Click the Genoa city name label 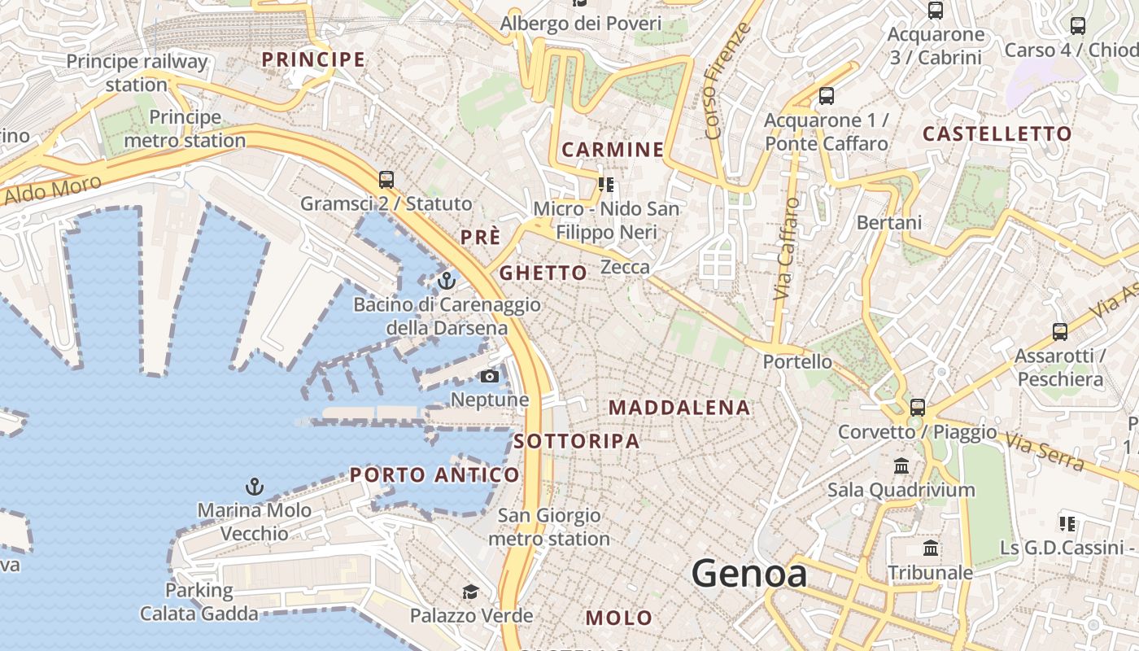click(749, 574)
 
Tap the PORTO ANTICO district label click(434, 474)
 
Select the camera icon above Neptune click(490, 376)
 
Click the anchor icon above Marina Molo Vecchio click(255, 487)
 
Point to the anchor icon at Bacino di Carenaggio click(446, 281)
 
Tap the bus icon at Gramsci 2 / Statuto click(386, 179)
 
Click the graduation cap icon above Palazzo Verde click(471, 592)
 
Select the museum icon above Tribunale click(931, 548)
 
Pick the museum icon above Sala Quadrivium click(901, 465)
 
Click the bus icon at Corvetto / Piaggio click(918, 407)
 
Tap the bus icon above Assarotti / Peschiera click(1059, 331)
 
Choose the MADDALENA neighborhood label click(679, 408)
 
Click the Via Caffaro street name click(786, 248)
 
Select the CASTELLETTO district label click(997, 134)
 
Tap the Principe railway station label click(137, 72)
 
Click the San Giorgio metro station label click(549, 526)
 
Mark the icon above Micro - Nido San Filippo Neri click(605, 185)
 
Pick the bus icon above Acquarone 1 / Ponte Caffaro click(827, 96)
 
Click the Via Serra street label click(1045, 452)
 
